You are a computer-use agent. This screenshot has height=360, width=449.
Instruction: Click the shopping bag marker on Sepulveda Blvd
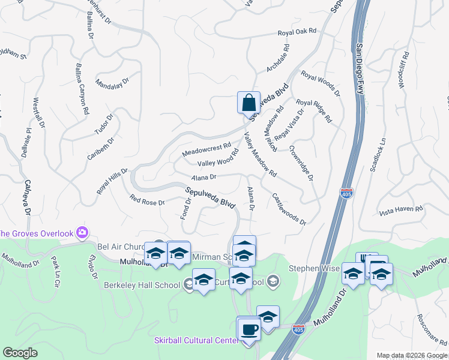coord(249,103)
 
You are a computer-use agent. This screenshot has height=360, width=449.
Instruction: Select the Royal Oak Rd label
coord(297,34)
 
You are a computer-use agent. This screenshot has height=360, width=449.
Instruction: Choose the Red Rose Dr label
coord(147,200)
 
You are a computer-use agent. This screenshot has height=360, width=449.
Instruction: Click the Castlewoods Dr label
coord(289,209)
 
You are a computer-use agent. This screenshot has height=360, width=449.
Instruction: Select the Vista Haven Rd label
coord(402,211)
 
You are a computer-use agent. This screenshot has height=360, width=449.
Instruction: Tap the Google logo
coord(20,353)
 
